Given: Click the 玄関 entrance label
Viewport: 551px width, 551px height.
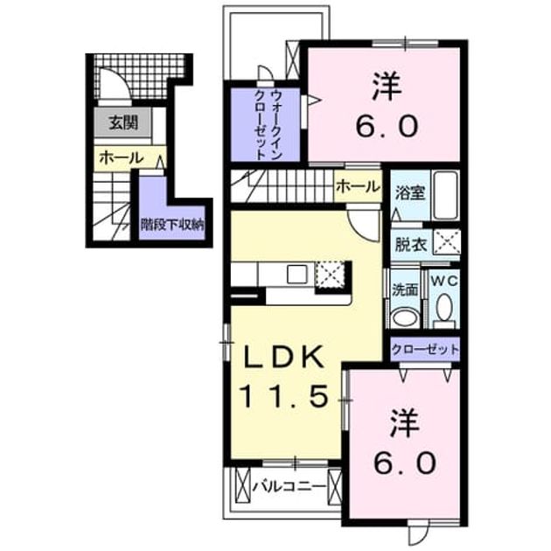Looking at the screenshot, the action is click(x=123, y=122).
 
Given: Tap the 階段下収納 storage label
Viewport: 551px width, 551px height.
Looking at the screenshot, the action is click(x=172, y=224).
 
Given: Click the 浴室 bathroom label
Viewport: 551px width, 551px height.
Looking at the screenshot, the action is click(x=410, y=193).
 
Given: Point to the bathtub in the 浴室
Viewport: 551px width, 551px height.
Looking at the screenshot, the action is click(x=445, y=195).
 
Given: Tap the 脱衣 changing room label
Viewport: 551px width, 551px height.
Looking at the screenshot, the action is click(x=410, y=245).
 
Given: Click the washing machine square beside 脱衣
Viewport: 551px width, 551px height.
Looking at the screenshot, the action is click(x=446, y=241).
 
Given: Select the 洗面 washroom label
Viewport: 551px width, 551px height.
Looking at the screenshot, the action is click(x=405, y=289).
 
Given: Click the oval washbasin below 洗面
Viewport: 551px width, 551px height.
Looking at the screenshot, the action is click(x=405, y=317).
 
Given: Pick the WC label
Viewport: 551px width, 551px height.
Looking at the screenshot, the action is click(x=444, y=280).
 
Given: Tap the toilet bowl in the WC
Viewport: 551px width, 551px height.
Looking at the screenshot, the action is click(x=444, y=307).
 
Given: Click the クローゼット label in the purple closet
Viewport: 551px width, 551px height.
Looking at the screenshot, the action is click(x=425, y=349).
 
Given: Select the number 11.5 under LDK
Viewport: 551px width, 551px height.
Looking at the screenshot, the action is click(x=283, y=395).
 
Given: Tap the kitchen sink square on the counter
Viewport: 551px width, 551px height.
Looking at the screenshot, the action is click(x=297, y=275).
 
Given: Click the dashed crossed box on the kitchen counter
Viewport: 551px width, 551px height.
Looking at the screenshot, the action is click(x=330, y=275).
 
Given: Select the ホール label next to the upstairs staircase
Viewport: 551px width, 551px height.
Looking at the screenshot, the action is click(x=358, y=186).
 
